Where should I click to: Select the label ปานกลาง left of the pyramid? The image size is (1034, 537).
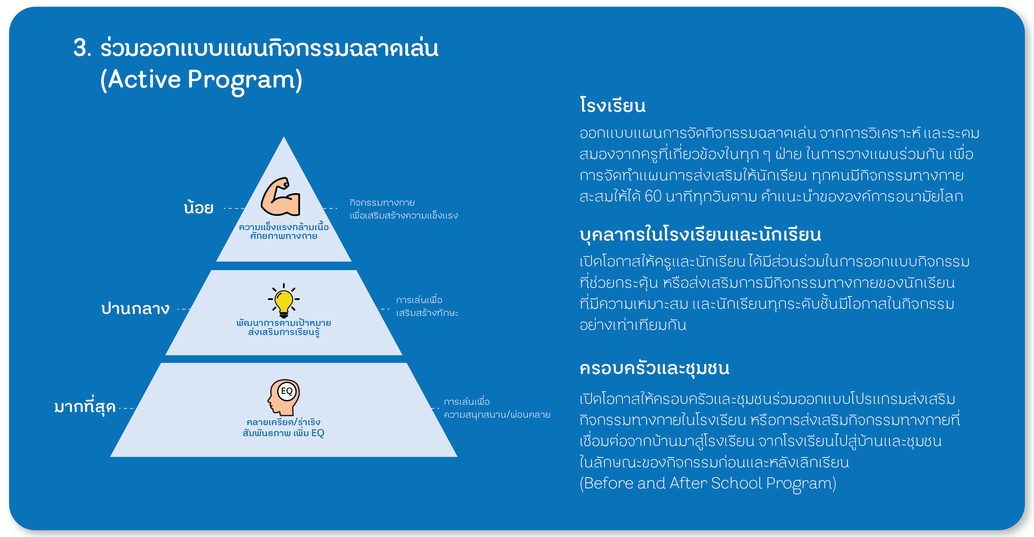point(135,308)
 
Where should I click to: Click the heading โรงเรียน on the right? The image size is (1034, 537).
point(612,105)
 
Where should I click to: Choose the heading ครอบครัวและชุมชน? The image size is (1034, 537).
point(654,368)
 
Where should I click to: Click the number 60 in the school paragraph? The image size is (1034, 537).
point(653,196)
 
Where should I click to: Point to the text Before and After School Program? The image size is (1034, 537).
point(708,483)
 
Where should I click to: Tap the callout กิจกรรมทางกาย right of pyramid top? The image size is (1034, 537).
point(382,202)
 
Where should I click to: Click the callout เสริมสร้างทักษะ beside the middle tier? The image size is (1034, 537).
point(427,313)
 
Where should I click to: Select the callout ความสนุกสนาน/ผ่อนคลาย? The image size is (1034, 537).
point(497,414)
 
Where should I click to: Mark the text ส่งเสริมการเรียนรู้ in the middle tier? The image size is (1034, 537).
point(284,332)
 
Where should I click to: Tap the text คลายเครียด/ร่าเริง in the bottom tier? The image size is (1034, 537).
point(283,422)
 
